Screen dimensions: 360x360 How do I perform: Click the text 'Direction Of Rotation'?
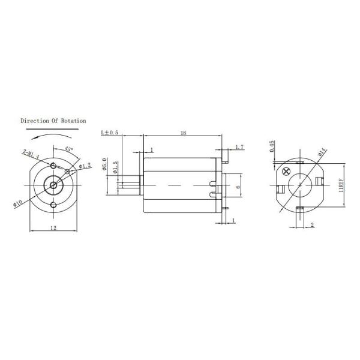[53, 121]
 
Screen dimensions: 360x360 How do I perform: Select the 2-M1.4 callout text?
[31, 155]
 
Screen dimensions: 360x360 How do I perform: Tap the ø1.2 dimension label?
[85, 165]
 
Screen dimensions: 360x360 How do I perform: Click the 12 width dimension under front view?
[53, 228]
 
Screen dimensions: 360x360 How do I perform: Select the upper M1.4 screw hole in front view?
[53, 166]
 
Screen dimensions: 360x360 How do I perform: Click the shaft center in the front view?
[53, 185]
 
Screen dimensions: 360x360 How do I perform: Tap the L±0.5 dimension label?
[109, 132]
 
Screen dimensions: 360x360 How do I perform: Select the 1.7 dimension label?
[239, 146]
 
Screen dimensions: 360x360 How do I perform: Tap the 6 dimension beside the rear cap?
[238, 187]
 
